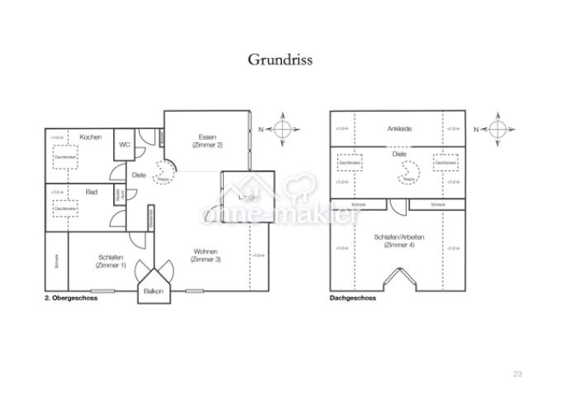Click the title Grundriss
click(280, 60)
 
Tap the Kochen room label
click(90, 136)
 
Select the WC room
click(124, 145)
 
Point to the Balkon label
click(153, 292)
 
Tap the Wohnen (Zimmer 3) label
click(206, 256)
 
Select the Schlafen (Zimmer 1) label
click(112, 260)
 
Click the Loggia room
click(247, 197)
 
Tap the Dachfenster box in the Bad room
click(63, 209)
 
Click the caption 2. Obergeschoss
click(72, 299)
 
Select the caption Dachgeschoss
click(352, 299)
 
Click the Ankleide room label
click(399, 129)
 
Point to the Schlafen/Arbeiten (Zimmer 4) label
click(399, 241)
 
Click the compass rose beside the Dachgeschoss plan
click(499, 130)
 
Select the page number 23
click(517, 375)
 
